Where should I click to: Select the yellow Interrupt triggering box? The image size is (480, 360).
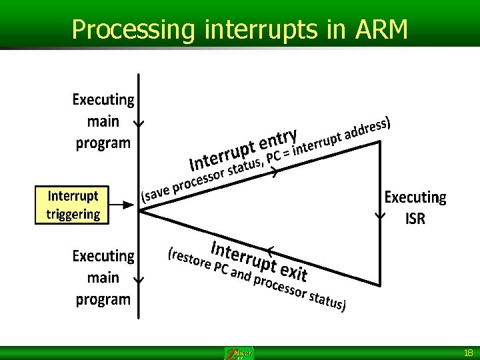tap(73, 205)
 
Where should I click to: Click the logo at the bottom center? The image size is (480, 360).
tap(239, 353)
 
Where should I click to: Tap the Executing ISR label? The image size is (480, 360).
tap(415, 207)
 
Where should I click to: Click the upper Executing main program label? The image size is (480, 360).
tap(103, 121)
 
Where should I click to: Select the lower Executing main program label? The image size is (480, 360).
tap(103, 277)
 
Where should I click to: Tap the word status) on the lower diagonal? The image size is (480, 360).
tap(327, 301)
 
